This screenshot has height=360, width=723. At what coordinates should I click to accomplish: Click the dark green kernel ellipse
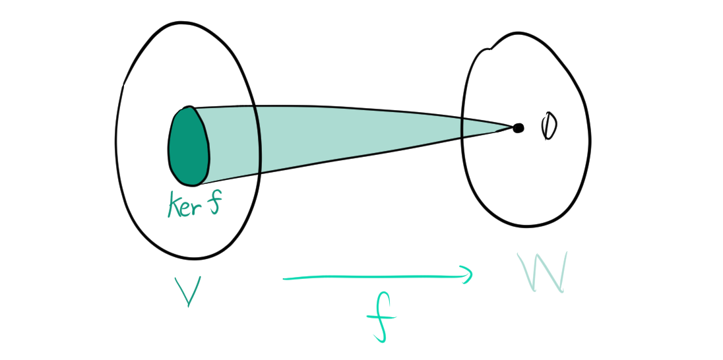[x=189, y=146]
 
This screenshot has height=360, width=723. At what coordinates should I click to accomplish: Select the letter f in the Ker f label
[x=214, y=204]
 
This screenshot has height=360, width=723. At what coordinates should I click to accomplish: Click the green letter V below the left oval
[x=187, y=291]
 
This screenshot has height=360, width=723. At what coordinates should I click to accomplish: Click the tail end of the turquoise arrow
[x=286, y=279]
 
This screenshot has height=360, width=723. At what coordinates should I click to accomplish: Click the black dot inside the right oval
[x=519, y=128]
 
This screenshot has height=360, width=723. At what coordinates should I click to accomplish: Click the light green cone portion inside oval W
[x=485, y=127]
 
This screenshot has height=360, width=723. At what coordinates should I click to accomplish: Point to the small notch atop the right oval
[x=489, y=47]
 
